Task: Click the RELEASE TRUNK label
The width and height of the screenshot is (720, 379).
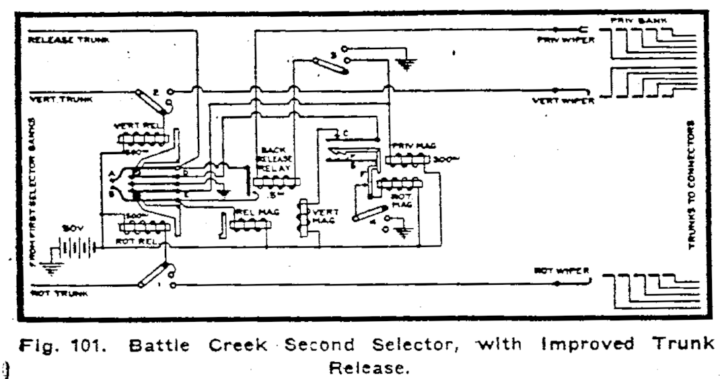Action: click(x=59, y=40)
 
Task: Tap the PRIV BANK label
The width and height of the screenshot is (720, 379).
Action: click(x=638, y=22)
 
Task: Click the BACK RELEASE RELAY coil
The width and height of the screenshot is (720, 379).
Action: click(x=276, y=182)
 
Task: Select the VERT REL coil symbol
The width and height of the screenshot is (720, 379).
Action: click(x=142, y=139)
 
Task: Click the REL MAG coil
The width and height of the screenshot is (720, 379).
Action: click(x=250, y=223)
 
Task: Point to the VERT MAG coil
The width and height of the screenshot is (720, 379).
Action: click(x=303, y=217)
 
